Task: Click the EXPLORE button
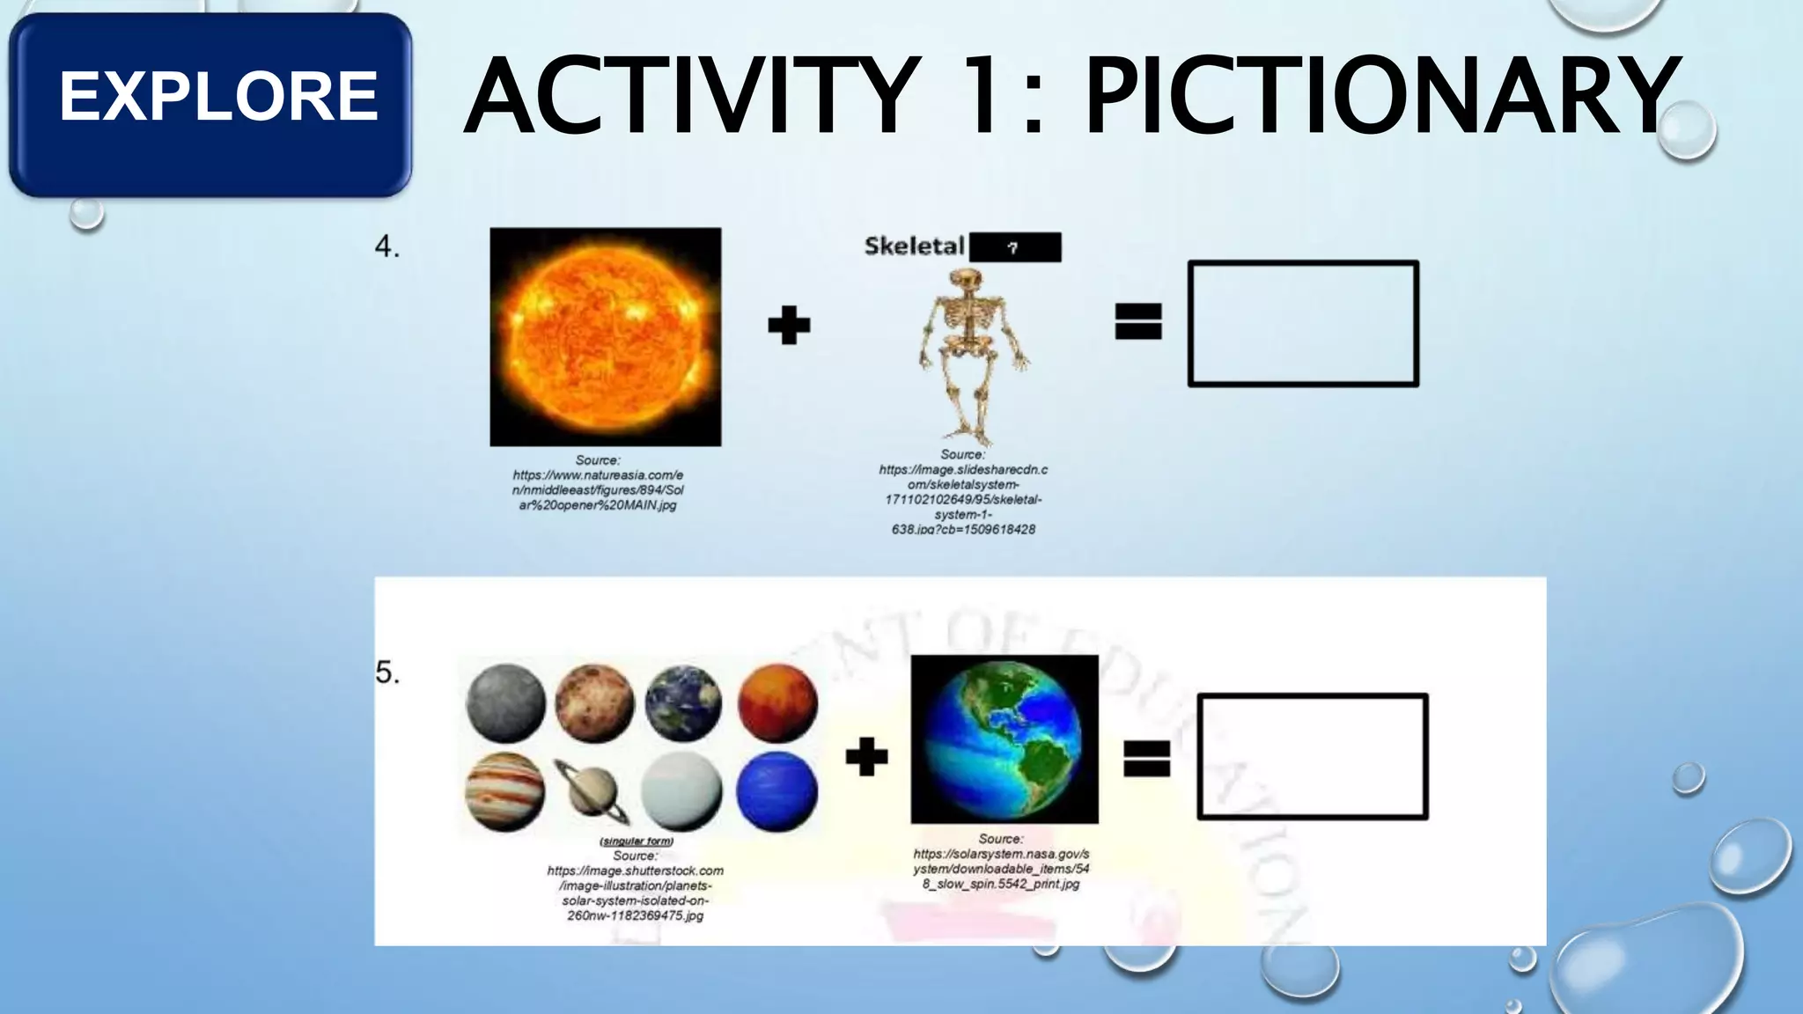[211, 99]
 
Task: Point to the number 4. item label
[387, 247]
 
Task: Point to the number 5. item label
[387, 673]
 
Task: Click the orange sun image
[606, 336]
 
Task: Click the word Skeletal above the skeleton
[914, 246]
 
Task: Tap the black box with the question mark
[1015, 247]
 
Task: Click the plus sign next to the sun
[789, 326]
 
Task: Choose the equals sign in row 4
[1138, 321]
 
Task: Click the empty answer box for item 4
[1303, 323]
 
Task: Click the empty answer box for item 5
[1312, 757]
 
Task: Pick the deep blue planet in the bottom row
[776, 791]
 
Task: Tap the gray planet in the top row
[505, 704]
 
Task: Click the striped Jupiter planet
[505, 791]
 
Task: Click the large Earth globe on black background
[1005, 739]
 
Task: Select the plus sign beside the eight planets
[866, 757]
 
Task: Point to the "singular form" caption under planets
[636, 841]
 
